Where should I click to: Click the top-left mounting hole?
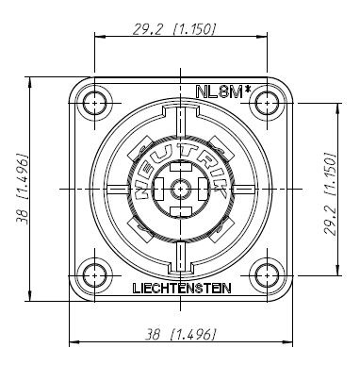[95, 102]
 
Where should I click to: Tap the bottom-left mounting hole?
[95, 276]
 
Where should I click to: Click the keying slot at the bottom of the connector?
[182, 253]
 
